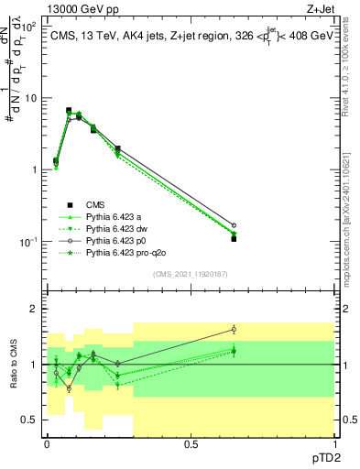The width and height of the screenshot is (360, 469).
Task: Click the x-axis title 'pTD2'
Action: point(332,460)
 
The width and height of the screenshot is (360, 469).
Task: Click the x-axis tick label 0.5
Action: point(191,443)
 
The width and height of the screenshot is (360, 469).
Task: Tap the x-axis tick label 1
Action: point(334,443)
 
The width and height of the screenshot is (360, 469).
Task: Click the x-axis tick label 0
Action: point(47,443)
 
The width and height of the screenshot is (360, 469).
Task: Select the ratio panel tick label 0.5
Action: point(30,420)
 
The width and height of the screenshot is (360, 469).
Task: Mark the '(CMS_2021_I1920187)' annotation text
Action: point(191,274)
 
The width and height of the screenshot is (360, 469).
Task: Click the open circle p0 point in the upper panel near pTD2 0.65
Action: point(234,224)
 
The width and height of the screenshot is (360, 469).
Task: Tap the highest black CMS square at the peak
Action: point(69,110)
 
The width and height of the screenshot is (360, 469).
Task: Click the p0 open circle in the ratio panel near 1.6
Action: point(234,330)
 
